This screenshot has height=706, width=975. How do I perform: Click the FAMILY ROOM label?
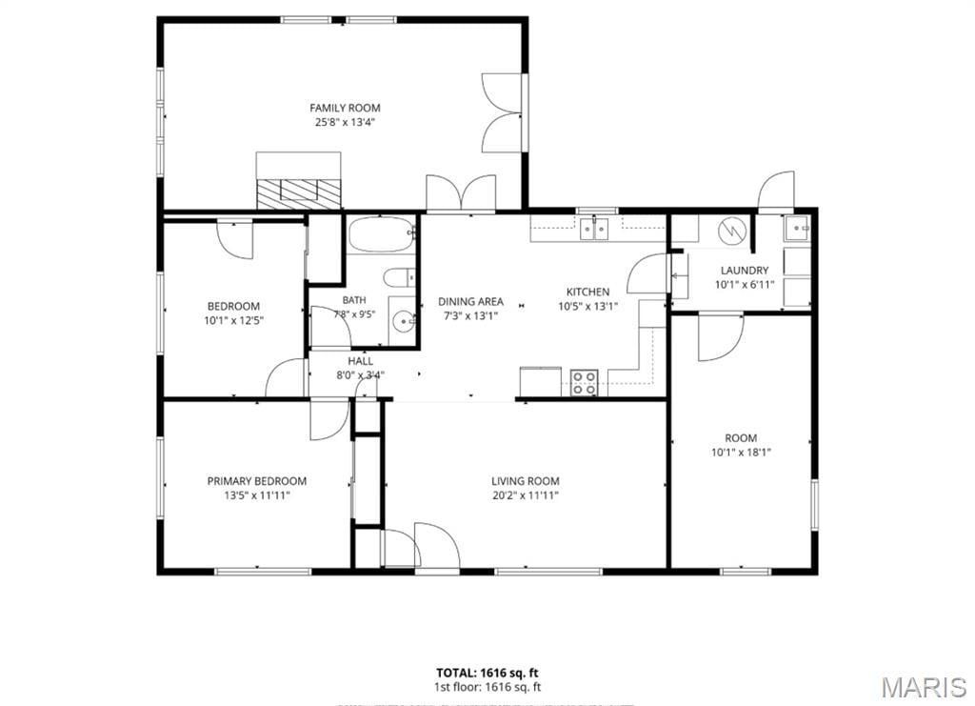[x=345, y=108]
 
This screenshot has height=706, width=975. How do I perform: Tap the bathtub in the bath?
[x=381, y=233]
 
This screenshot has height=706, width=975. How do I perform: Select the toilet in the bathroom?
[x=399, y=277]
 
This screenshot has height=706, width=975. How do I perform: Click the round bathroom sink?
[x=404, y=321]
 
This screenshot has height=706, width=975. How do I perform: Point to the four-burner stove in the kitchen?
[x=584, y=383]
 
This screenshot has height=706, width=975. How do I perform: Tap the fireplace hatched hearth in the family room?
[x=299, y=193]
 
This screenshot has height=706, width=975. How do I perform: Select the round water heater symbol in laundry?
[x=732, y=232]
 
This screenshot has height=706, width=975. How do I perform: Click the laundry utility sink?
[x=797, y=229]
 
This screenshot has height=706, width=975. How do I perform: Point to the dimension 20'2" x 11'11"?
[x=526, y=495]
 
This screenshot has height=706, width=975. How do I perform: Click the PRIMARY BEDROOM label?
[x=257, y=481]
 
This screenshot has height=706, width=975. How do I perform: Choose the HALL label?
[x=361, y=361]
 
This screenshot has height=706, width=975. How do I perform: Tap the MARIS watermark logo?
[x=924, y=686]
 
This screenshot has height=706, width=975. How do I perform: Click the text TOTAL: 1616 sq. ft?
[x=487, y=673]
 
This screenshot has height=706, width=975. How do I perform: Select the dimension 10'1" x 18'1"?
[x=741, y=453]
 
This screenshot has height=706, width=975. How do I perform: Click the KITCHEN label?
[x=587, y=292]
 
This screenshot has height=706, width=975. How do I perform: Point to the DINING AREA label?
[x=470, y=302]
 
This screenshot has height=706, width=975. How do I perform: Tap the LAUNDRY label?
[x=745, y=271]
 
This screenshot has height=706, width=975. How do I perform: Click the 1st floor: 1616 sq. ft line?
[x=487, y=687]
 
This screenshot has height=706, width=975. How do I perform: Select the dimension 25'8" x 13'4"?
[x=345, y=123]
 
